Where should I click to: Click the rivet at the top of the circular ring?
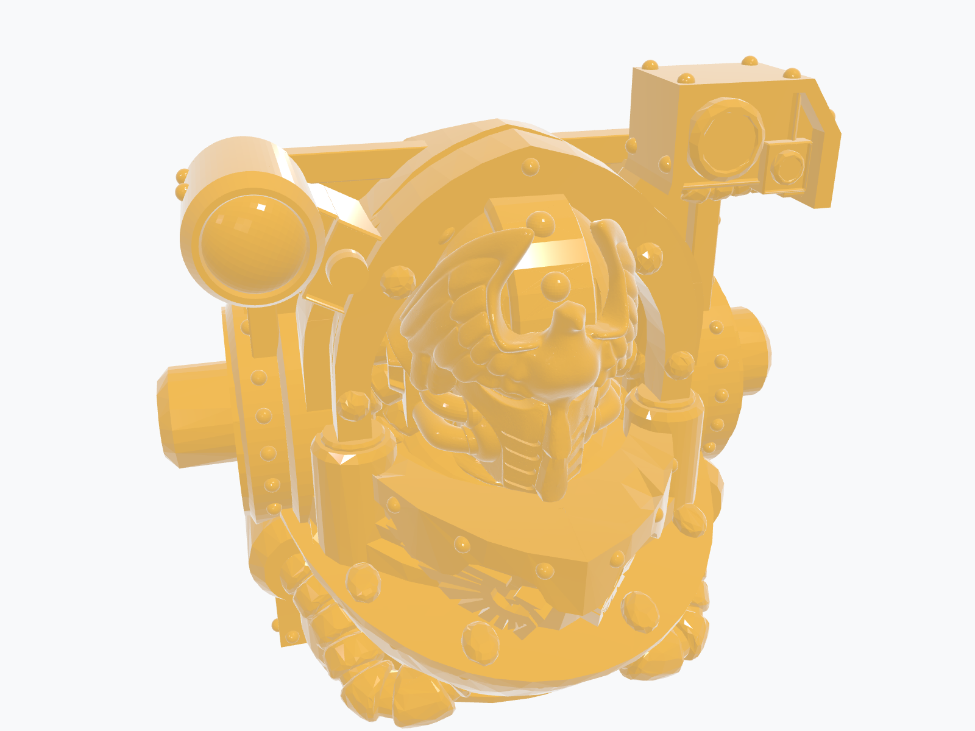(530, 166)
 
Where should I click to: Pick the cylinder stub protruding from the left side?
(195, 414)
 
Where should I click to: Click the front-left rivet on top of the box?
(686, 79)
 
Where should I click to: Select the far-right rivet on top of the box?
(792, 74)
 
